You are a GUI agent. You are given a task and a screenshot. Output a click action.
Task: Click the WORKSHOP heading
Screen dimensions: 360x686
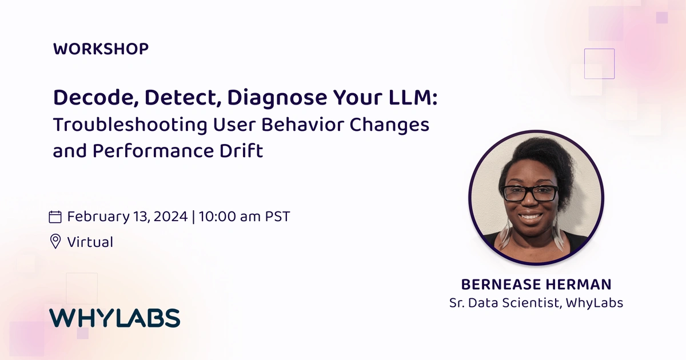(x=101, y=49)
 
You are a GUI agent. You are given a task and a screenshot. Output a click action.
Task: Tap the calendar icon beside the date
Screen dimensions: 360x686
(x=55, y=217)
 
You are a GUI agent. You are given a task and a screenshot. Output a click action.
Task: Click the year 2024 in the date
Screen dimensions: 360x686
(x=170, y=217)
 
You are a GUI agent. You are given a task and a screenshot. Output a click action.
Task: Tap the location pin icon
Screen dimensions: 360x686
(x=55, y=242)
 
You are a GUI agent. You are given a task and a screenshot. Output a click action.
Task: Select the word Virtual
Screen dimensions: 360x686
(x=90, y=242)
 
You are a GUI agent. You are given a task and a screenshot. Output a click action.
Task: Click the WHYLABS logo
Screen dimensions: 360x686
(x=114, y=318)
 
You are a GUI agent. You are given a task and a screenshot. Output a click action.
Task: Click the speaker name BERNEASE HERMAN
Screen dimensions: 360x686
(x=536, y=284)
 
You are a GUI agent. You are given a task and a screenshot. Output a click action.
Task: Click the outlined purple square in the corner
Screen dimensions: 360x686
(x=599, y=63)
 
